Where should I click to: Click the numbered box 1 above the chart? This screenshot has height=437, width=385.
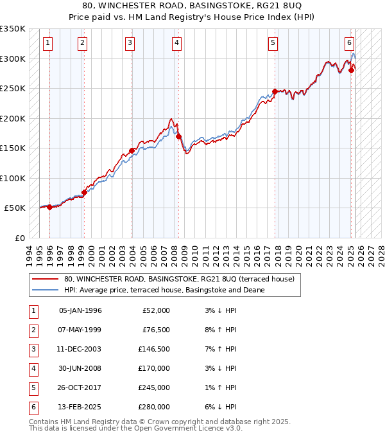(49, 43)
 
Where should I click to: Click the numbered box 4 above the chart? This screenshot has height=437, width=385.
(176, 43)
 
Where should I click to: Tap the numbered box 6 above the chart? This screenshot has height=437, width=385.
(349, 43)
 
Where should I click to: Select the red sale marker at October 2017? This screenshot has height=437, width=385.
(275, 91)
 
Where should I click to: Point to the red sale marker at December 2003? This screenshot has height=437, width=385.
(132, 150)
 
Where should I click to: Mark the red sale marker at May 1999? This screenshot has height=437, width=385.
(84, 192)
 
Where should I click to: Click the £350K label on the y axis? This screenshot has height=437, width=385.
(13, 29)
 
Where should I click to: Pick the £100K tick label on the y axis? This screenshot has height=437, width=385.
(13, 178)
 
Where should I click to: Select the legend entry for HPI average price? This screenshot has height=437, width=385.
(168, 290)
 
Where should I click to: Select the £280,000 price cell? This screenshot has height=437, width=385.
(154, 407)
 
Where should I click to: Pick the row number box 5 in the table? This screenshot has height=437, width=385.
(33, 388)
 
